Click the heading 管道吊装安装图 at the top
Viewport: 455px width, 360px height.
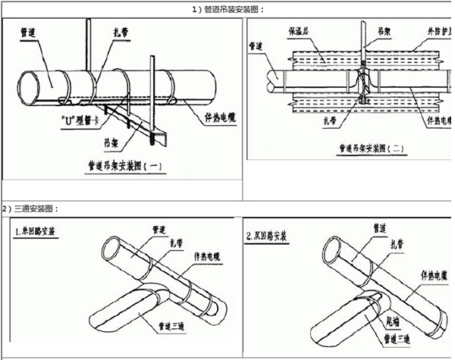tap(227, 8)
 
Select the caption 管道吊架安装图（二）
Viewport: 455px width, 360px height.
tap(353, 149)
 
